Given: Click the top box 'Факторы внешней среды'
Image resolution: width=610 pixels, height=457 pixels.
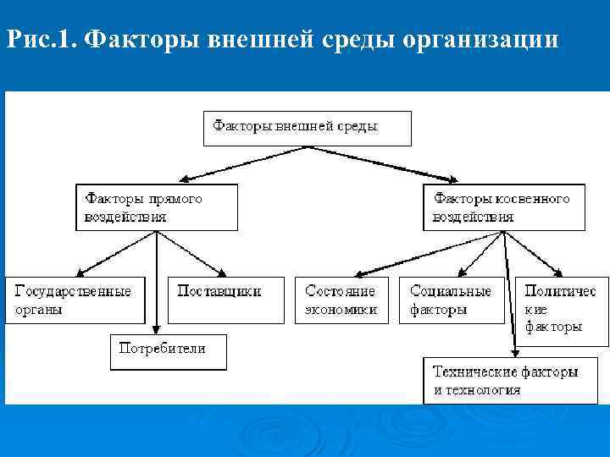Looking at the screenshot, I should point(307,128).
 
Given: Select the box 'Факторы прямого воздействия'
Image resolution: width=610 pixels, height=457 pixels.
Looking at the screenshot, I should point(157,207).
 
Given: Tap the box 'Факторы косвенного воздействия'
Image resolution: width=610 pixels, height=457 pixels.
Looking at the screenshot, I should point(503,207).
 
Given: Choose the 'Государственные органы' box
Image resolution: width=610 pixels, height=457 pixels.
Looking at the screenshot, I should point(74,300).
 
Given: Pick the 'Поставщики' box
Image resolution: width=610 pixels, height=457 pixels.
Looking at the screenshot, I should point(225,300).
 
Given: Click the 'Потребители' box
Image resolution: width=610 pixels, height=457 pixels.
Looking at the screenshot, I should point(169,351).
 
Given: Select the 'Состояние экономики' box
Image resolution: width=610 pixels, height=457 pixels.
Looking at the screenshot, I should point(341,300).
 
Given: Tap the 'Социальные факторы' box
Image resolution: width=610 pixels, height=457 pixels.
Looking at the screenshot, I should point(452,300).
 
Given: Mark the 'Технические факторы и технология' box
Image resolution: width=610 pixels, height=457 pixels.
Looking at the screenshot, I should point(506,381).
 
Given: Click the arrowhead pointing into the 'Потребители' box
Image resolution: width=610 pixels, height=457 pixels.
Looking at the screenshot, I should point(157,329).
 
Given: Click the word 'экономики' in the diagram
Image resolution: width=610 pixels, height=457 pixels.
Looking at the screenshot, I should point(341,310).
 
